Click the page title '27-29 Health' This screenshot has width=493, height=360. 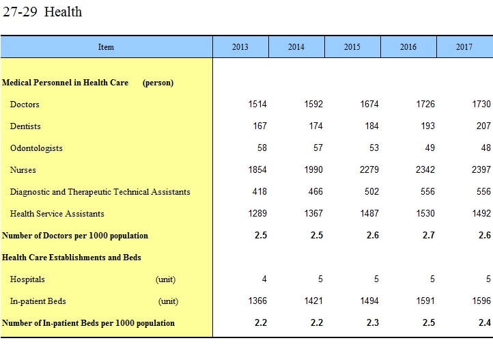[42, 12]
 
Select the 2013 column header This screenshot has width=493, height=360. [240, 47]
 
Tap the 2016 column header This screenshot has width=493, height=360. [408, 47]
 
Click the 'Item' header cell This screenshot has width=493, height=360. [106, 47]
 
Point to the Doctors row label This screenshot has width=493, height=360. [25, 105]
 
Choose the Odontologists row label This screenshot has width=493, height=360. [36, 148]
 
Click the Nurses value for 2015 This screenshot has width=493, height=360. [369, 170]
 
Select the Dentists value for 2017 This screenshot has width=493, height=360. [483, 126]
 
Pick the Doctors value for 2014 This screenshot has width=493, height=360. [313, 105]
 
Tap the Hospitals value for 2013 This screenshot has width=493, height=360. [264, 279]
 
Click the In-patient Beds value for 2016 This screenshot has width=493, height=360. [425, 301]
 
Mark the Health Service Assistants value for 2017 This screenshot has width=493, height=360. [481, 214]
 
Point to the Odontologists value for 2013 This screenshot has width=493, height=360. [262, 148]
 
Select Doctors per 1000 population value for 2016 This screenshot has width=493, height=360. [429, 236]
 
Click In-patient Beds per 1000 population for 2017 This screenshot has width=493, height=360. [485, 323]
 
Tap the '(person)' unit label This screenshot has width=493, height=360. [158, 83]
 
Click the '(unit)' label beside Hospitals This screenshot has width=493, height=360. [165, 279]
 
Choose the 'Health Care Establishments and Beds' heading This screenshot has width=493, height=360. [72, 258]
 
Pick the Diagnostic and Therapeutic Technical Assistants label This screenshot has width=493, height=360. [100, 192]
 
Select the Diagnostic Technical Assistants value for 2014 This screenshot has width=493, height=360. [315, 192]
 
